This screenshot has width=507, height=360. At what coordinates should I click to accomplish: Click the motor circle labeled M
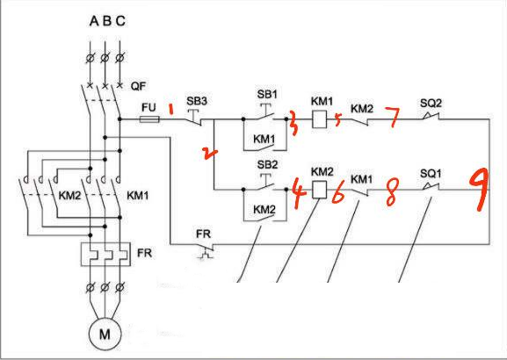coord(105,334)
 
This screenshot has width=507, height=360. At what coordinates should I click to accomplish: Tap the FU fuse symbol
coord(149,119)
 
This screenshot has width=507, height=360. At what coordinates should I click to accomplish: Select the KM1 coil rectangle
coord(319,119)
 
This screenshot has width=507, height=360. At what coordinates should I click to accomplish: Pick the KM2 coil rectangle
coord(319,190)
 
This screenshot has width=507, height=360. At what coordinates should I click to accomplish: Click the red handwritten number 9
coord(480,191)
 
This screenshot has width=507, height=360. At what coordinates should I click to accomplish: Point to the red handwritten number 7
coord(392,117)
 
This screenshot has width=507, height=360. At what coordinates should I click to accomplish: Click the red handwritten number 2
coord(210,154)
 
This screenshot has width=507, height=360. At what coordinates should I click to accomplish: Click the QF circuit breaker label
coord(138,86)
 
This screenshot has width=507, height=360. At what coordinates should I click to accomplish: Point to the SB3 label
coord(197,101)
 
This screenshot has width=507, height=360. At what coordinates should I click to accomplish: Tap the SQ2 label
coord(431,104)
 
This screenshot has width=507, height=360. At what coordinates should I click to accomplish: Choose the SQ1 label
coord(431,174)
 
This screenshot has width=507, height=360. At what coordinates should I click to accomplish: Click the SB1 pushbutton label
coord(267,94)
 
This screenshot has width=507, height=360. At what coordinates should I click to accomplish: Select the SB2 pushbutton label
coord(267,164)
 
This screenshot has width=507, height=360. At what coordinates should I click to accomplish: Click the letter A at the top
coord(94,21)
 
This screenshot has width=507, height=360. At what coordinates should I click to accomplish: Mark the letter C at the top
coord(120,21)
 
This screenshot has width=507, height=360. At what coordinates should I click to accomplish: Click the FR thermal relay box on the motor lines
coord(105,255)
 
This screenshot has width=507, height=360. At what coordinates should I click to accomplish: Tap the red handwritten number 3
coord(293,123)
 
